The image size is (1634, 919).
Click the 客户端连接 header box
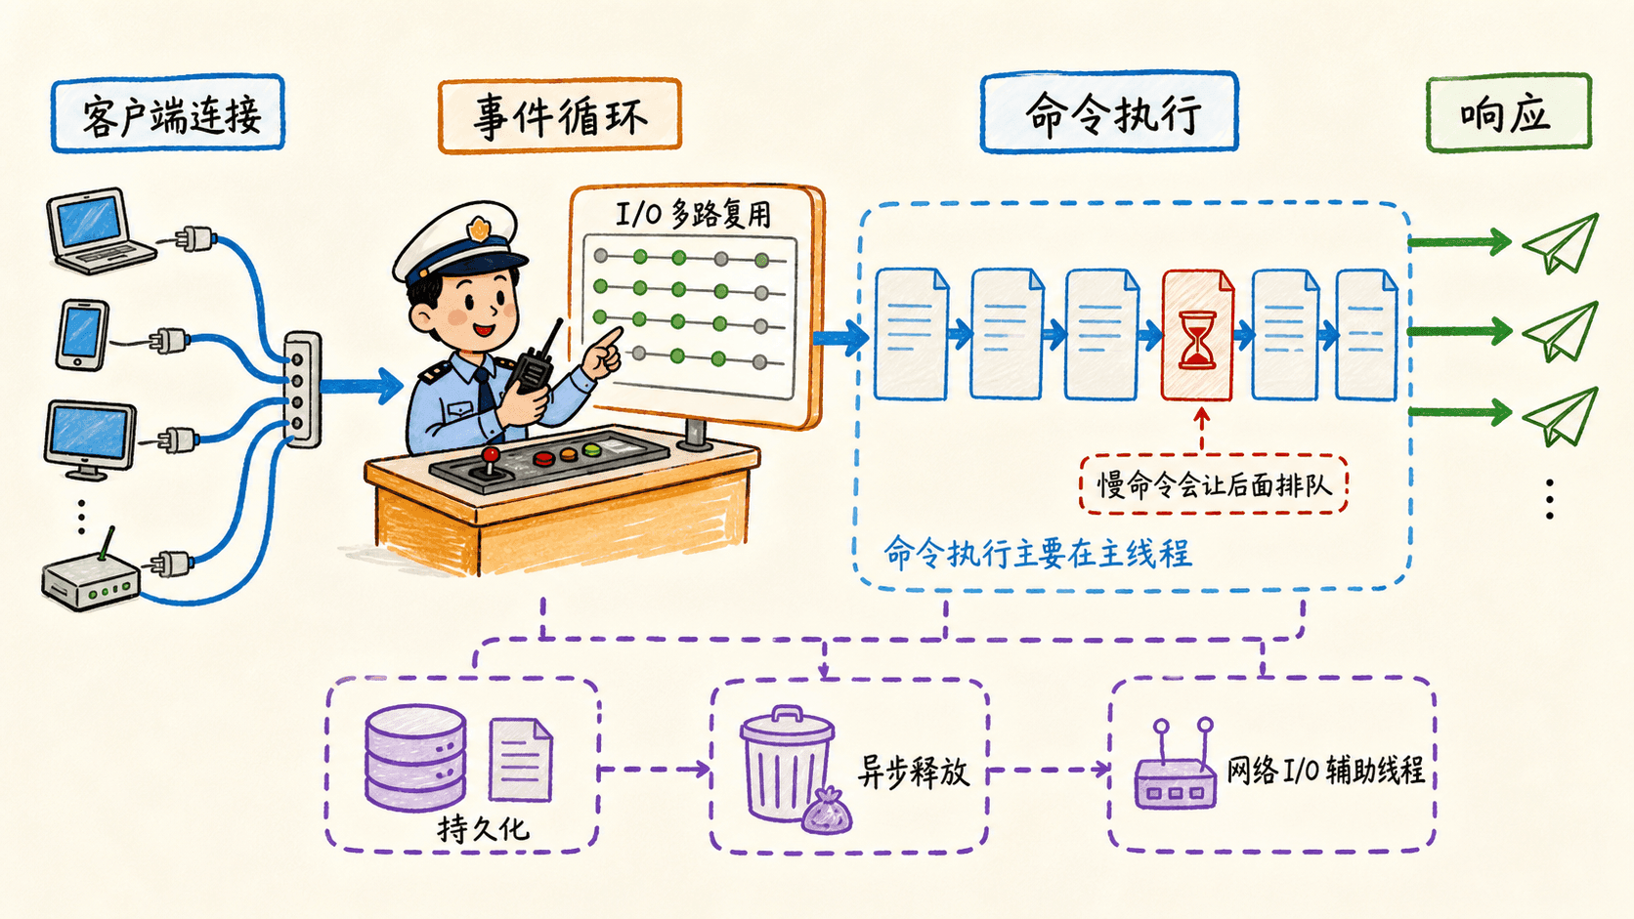click(168, 113)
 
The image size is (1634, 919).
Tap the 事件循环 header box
click(560, 116)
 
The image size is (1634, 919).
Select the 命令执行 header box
click(1109, 112)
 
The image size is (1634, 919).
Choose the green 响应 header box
click(1509, 113)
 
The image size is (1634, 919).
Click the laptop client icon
click(100, 231)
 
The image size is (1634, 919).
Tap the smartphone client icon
click(82, 335)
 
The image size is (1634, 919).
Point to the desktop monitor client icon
click(90, 439)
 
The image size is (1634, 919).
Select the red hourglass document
click(1197, 335)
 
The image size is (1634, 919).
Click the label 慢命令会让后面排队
click(1213, 484)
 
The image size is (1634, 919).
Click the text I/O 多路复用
click(693, 214)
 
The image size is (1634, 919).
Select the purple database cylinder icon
click(415, 758)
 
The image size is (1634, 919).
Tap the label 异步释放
click(913, 772)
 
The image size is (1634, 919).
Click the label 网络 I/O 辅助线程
click(1325, 770)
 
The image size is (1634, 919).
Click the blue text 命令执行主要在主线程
click(1037, 553)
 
